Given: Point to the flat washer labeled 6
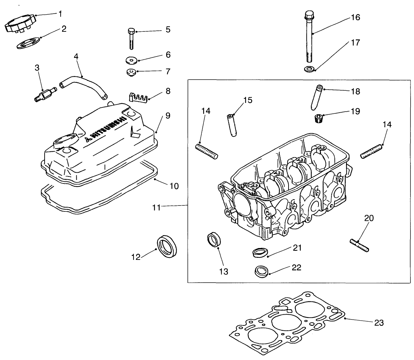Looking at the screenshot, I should [131, 60].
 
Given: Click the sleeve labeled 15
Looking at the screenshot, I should [232, 125].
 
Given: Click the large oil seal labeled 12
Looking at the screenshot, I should [168, 246].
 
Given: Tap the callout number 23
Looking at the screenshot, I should [378, 323].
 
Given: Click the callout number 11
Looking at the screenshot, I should [156, 207].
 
